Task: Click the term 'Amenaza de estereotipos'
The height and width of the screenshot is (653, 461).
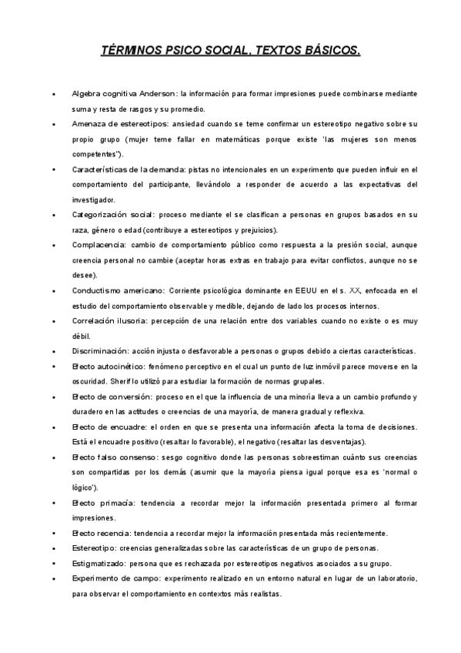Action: (120, 123)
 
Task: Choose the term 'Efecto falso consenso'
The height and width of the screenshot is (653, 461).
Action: (116, 457)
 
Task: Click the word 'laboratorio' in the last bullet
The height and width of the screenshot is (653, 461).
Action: (393, 578)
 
